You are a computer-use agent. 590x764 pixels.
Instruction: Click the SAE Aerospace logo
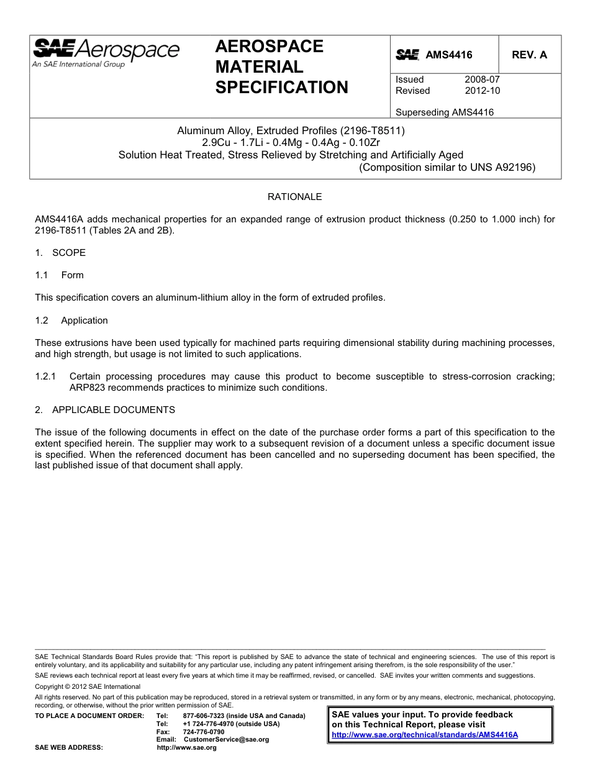click(x=106, y=52)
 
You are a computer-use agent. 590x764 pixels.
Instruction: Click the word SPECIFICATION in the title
click(x=281, y=88)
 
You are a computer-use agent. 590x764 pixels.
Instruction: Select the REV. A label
click(x=529, y=55)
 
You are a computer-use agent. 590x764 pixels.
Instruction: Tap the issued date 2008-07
click(x=482, y=80)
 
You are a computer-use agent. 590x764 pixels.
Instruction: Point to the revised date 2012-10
click(x=482, y=91)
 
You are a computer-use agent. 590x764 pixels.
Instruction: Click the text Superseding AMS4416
click(x=444, y=112)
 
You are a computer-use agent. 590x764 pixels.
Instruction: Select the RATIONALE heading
click(x=294, y=197)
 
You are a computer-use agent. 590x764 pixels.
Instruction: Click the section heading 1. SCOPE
click(x=60, y=253)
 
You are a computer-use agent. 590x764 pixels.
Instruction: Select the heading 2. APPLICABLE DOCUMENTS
click(x=105, y=410)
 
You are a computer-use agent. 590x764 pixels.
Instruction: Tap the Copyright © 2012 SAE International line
click(x=88, y=686)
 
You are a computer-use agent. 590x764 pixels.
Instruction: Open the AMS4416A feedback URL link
click(x=425, y=735)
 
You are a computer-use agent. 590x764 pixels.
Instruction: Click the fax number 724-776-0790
click(x=204, y=732)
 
